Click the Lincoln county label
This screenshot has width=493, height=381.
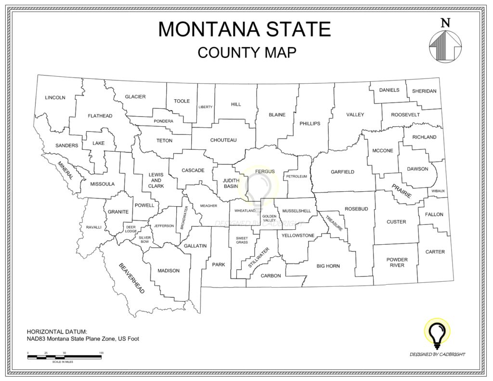click(55, 98)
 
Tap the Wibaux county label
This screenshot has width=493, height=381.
click(438, 191)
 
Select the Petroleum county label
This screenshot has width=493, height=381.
click(297, 177)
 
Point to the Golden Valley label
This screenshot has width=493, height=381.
click(270, 218)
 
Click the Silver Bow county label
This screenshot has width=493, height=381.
click(145, 239)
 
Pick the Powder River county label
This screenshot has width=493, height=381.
click(397, 263)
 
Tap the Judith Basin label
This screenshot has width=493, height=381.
click(231, 184)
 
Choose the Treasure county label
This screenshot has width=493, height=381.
click(334, 222)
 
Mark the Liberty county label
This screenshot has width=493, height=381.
click(206, 107)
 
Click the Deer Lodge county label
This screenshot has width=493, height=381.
click(131, 229)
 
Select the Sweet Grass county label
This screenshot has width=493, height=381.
click(242, 240)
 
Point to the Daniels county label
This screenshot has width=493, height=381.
click(389, 90)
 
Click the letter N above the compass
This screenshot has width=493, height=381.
click(445, 23)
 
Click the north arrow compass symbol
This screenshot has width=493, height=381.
click(445, 46)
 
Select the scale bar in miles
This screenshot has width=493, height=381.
click(65, 357)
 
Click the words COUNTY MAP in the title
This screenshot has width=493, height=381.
click(246, 52)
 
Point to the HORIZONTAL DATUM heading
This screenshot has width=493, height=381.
click(57, 332)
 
